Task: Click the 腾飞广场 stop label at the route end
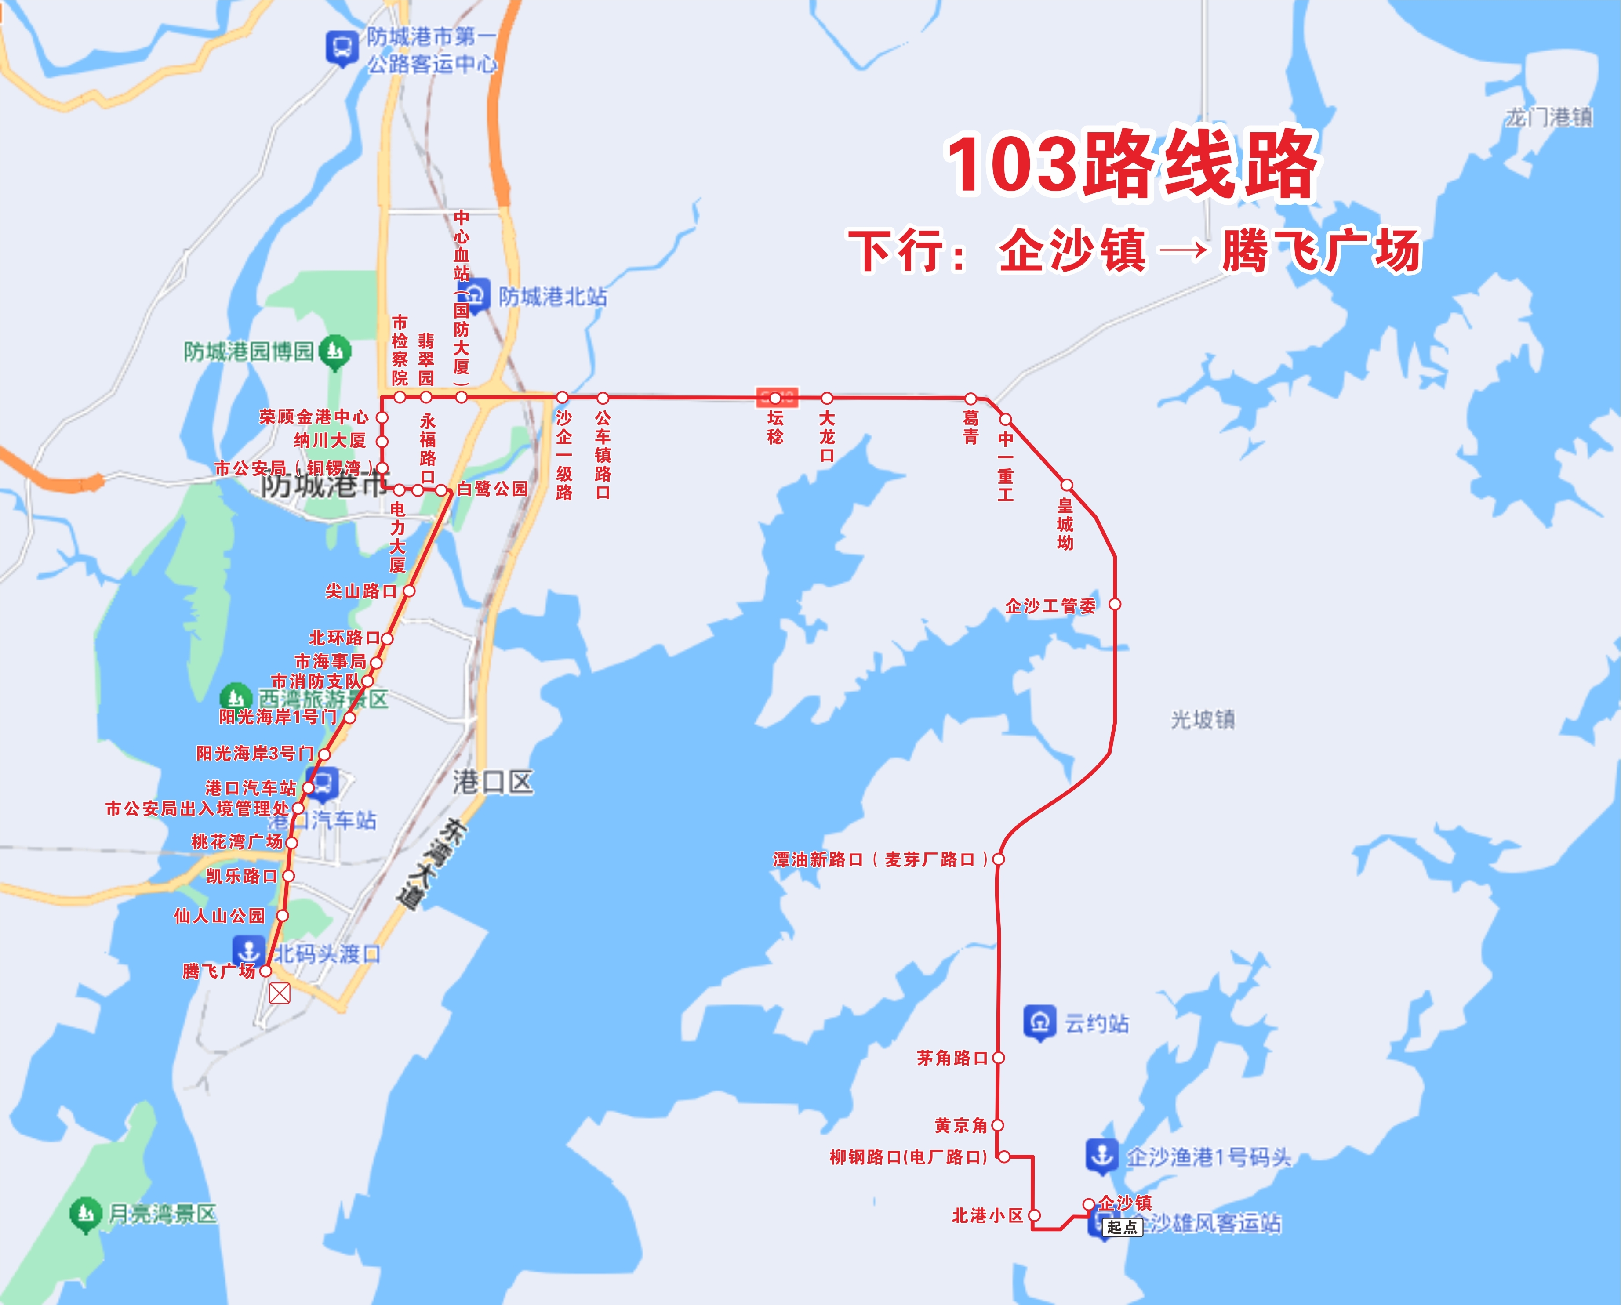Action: point(219,971)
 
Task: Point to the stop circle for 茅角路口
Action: point(999,1058)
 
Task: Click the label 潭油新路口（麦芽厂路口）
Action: point(880,859)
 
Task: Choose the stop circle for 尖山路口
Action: point(409,591)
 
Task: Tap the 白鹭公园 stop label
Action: point(492,489)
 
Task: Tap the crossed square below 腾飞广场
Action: point(279,994)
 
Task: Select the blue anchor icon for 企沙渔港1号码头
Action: point(1102,1156)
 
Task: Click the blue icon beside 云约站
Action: point(1040,1022)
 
